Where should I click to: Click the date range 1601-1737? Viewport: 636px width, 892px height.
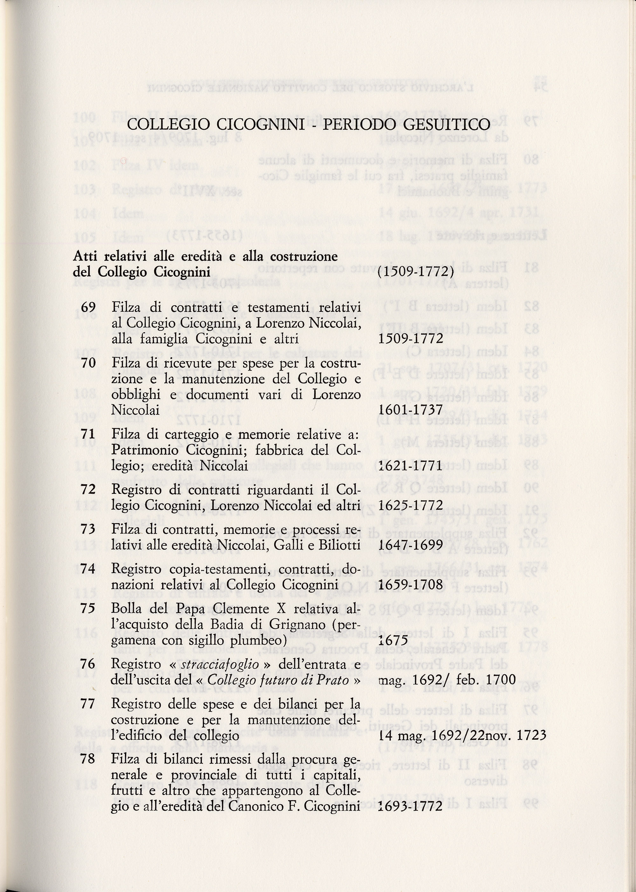pyautogui.click(x=411, y=410)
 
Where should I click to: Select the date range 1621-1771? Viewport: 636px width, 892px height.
pyautogui.click(x=411, y=466)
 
